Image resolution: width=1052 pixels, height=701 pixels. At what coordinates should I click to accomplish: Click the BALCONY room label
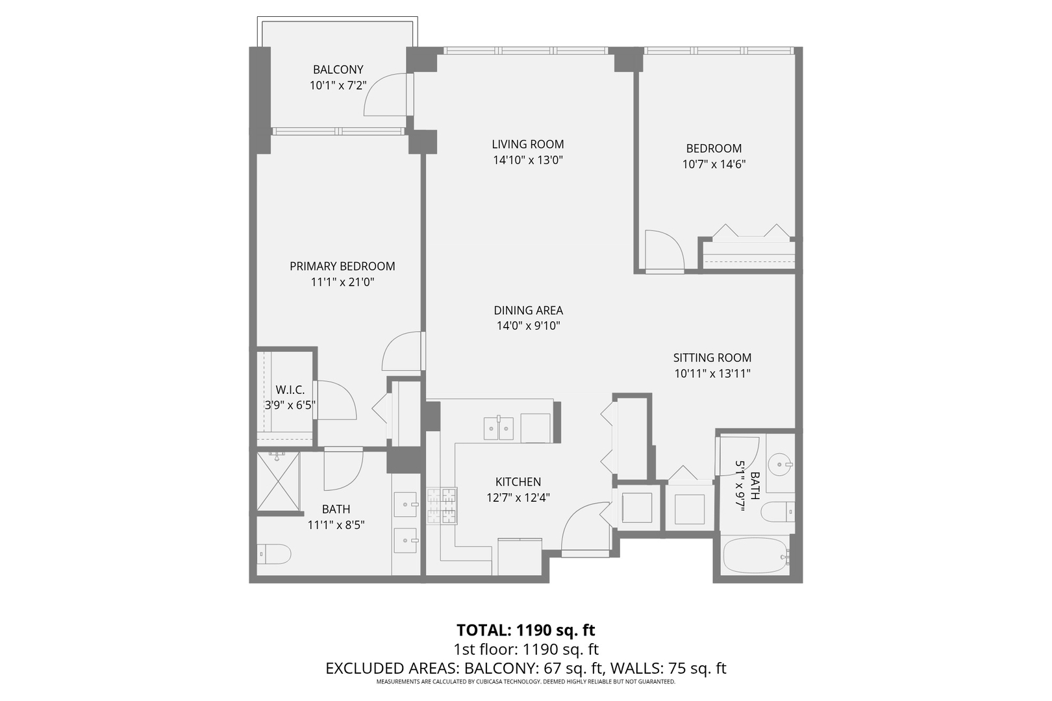338,69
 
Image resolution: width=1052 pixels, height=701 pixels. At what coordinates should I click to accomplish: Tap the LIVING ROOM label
528,144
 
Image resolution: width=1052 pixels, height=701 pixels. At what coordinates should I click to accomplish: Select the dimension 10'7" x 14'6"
714,164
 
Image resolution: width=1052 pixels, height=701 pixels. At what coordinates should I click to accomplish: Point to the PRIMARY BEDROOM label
342,266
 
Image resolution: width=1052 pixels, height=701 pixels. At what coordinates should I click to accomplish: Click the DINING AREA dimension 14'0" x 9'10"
529,326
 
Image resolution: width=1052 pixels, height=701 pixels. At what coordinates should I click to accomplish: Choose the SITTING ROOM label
712,358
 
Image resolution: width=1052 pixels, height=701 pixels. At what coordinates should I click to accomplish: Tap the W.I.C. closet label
290,389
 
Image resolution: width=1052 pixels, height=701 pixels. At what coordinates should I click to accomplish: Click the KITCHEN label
518,482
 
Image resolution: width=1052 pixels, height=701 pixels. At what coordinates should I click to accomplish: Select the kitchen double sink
499,428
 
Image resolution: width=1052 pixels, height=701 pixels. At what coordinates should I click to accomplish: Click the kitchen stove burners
442,506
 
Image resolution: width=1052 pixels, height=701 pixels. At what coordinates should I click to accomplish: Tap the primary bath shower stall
278,481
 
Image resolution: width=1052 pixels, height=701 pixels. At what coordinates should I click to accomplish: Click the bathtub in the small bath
756,556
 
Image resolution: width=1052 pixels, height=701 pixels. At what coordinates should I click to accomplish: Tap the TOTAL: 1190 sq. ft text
526,630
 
